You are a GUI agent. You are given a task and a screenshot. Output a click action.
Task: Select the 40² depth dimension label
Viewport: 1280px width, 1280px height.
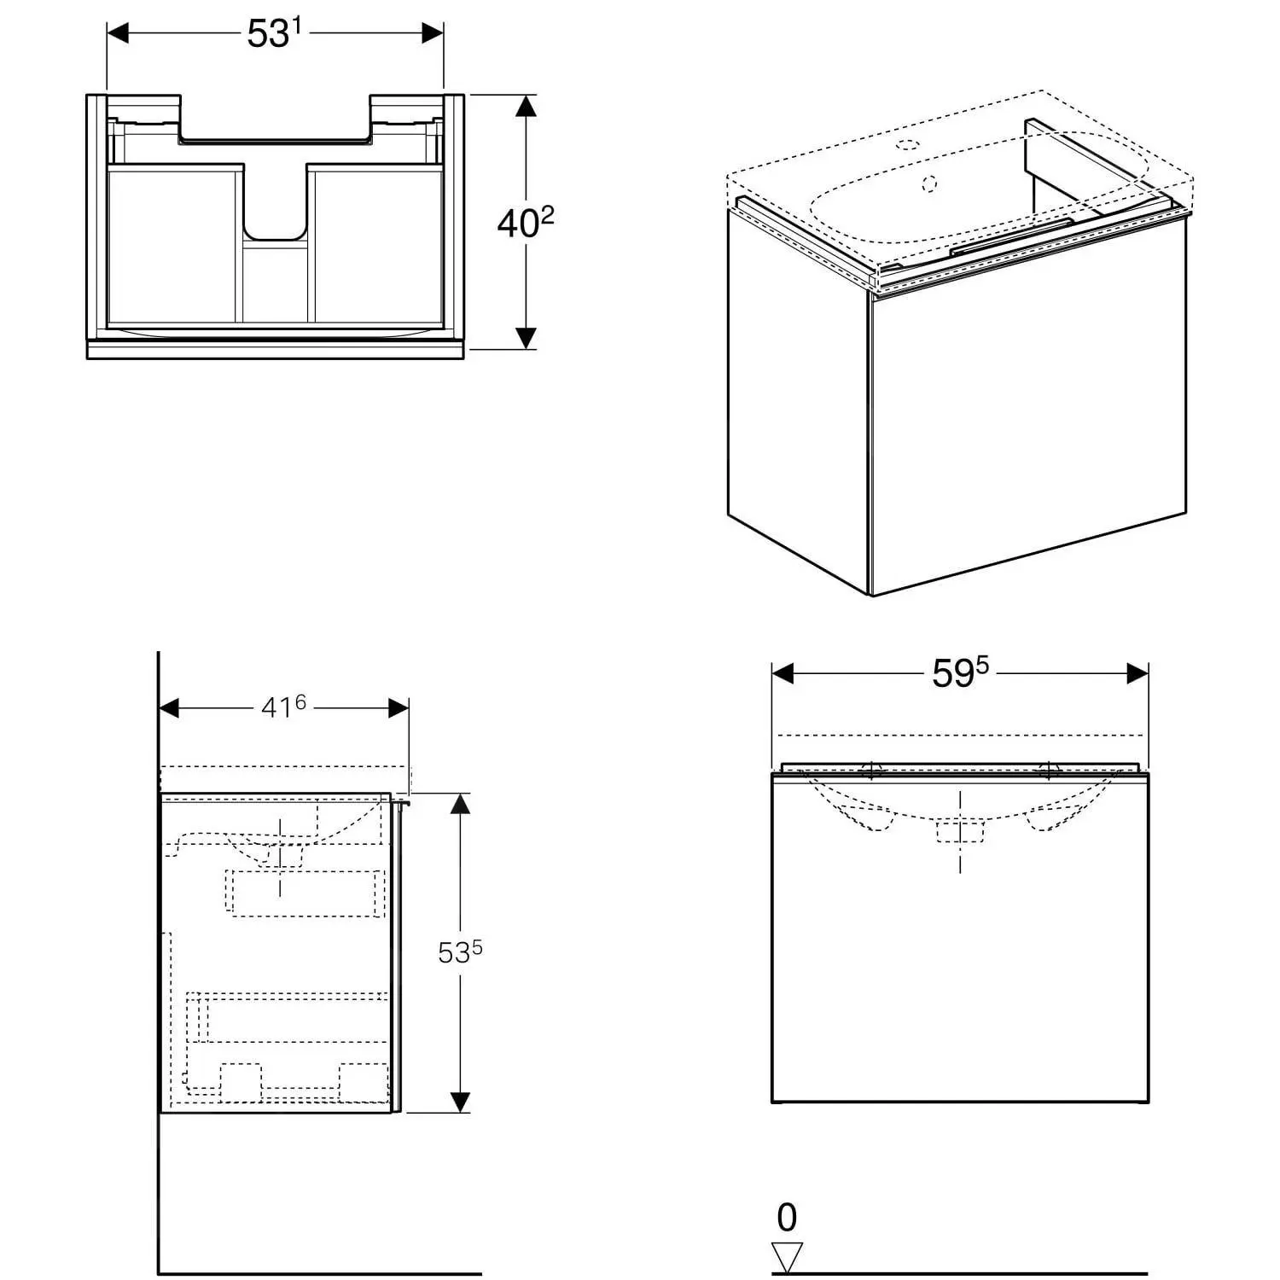coord(526,223)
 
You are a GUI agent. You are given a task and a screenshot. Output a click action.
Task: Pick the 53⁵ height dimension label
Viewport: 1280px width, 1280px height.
coord(460,951)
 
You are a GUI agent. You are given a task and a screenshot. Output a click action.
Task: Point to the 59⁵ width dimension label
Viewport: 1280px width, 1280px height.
coord(960,673)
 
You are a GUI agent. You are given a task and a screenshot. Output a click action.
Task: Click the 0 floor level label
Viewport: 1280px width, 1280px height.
coord(787,1218)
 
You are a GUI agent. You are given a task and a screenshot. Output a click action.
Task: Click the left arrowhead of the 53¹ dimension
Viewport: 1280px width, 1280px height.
coord(118,33)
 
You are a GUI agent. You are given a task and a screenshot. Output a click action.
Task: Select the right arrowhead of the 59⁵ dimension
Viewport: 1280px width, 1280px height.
coord(1137,673)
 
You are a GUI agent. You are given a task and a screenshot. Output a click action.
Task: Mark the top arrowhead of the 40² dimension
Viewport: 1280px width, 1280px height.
coord(527,106)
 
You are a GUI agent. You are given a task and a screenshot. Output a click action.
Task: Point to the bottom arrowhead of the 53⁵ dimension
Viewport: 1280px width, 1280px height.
coord(460,1102)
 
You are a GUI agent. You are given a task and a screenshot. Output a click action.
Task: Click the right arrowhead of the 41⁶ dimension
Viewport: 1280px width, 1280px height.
coord(398,707)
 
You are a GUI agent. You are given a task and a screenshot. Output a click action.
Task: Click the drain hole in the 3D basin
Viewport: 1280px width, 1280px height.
coord(930,182)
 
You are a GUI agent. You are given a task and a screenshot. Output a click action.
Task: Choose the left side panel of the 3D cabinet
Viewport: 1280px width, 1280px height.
coord(798,399)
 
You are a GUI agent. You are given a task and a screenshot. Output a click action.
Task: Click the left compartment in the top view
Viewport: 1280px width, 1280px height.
coord(172,245)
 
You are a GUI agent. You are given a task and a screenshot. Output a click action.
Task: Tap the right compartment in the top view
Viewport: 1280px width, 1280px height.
coord(378,245)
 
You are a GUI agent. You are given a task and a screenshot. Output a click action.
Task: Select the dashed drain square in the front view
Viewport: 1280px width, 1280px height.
coord(960,830)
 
